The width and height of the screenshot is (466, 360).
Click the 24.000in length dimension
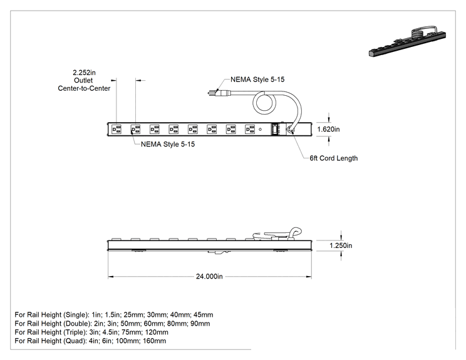(209, 277)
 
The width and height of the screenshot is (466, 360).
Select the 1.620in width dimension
(328, 129)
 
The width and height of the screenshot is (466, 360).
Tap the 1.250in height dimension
(341, 245)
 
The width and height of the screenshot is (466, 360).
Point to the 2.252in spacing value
(84, 73)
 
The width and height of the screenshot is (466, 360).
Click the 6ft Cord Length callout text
(333, 158)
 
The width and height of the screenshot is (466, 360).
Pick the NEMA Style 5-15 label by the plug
(257, 80)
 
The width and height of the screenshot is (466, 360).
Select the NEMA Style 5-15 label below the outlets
(168, 145)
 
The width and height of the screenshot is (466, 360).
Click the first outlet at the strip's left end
(116, 129)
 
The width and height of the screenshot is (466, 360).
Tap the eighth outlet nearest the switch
(250, 129)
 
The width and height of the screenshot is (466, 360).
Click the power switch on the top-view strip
(276, 129)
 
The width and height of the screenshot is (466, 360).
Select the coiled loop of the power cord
(264, 103)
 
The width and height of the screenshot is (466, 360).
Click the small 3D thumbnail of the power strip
(407, 41)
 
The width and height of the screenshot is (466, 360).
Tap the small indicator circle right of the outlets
(261, 129)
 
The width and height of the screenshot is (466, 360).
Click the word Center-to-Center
(84, 88)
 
